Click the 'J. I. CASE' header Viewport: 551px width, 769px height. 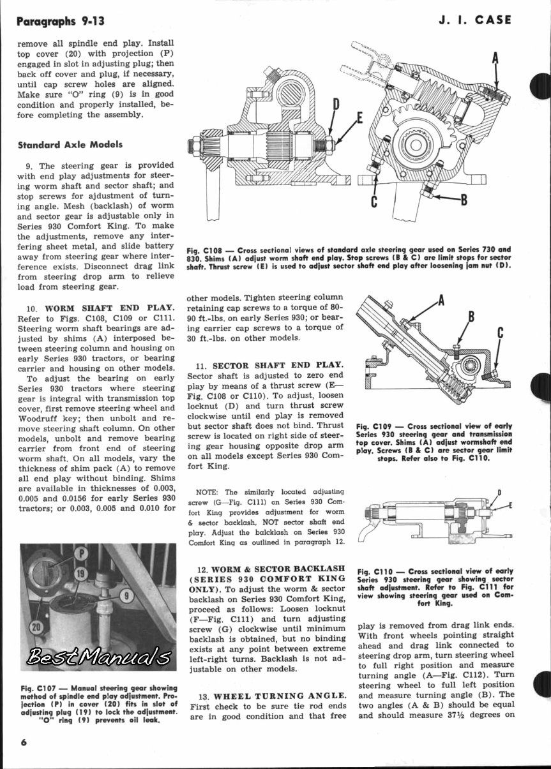click(475, 20)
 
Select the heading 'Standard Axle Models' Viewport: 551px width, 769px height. click(70, 144)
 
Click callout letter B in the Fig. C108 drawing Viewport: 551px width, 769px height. click(464, 200)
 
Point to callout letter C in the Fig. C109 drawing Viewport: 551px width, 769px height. click(501, 332)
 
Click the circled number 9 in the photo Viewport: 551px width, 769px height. click(126, 597)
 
